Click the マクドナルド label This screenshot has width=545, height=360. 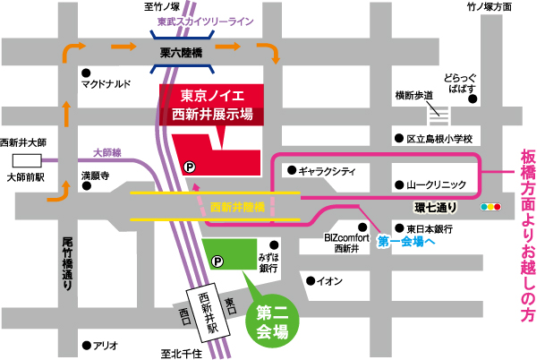click(x=106, y=85)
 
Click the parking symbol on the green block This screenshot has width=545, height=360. click(x=216, y=261)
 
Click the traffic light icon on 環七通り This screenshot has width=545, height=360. click(x=491, y=208)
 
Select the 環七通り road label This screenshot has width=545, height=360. click(x=435, y=208)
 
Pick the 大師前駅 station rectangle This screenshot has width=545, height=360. click(x=27, y=160)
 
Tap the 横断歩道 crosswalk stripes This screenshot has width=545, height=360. click(x=438, y=113)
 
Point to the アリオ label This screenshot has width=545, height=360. click(x=106, y=345)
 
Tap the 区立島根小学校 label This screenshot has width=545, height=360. click(x=439, y=139)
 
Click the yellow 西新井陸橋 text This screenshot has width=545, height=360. click(x=236, y=207)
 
